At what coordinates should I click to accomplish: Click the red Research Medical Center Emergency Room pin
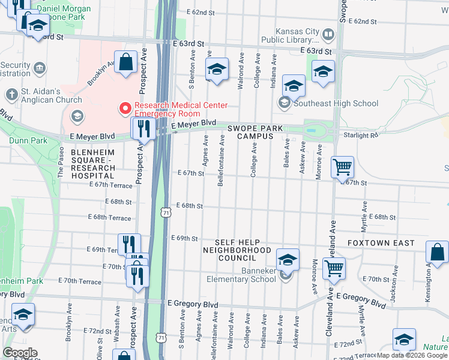pyautogui.click(x=125, y=108)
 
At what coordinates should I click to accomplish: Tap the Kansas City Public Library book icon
pyautogui.click(x=328, y=35)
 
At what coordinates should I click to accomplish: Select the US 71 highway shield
pyautogui.click(x=166, y=212)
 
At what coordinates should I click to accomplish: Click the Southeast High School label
pyautogui.click(x=328, y=103)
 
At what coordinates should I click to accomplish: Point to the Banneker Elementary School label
pyautogui.click(x=241, y=279)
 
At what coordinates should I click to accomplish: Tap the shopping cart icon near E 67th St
pyautogui.click(x=342, y=167)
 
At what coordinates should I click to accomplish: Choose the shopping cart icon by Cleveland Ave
pyautogui.click(x=334, y=268)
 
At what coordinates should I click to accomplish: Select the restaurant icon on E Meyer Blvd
pyautogui.click(x=143, y=127)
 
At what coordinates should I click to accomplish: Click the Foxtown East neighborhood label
pyautogui.click(x=381, y=243)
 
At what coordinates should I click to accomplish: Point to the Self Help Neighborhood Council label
pyautogui.click(x=237, y=250)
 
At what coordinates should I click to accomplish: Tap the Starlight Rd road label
pyautogui.click(x=361, y=136)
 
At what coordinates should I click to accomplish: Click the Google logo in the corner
pyautogui.click(x=20, y=353)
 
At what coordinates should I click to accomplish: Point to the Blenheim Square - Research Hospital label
pyautogui.click(x=93, y=164)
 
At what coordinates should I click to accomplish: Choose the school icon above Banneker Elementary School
pyautogui.click(x=288, y=259)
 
